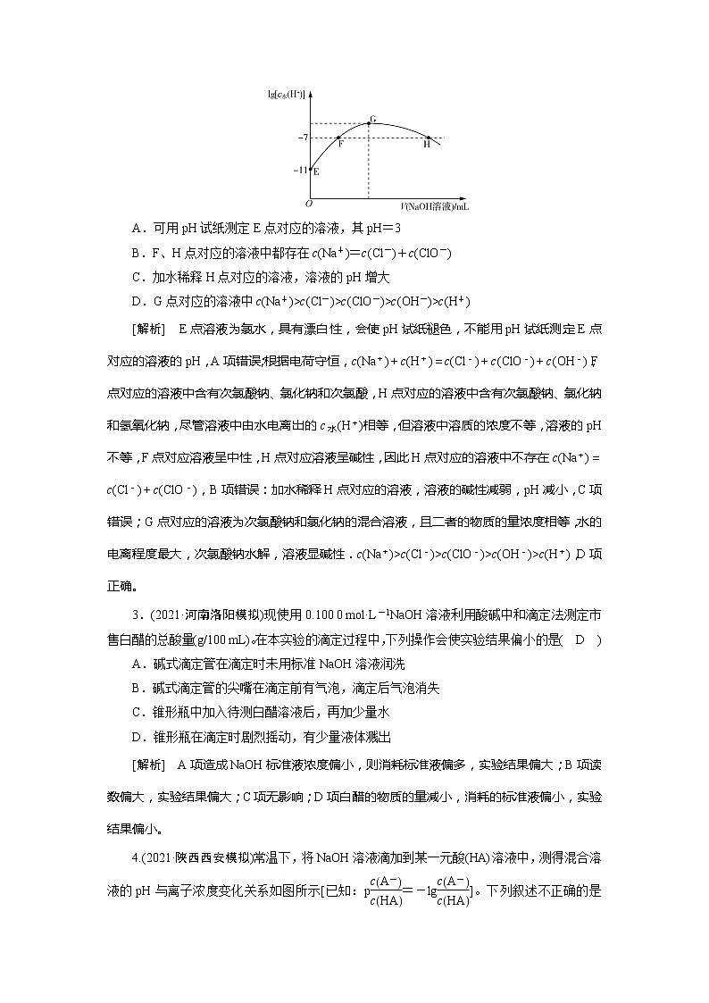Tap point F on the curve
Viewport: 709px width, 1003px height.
[340, 138]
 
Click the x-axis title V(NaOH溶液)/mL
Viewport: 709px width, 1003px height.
[435, 205]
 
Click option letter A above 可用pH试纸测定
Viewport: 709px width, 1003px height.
[136, 229]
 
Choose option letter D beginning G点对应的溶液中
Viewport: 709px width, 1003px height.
[136, 301]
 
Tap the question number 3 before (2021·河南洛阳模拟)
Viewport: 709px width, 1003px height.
[135, 614]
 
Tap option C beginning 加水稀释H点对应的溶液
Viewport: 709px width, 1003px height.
[136, 277]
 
